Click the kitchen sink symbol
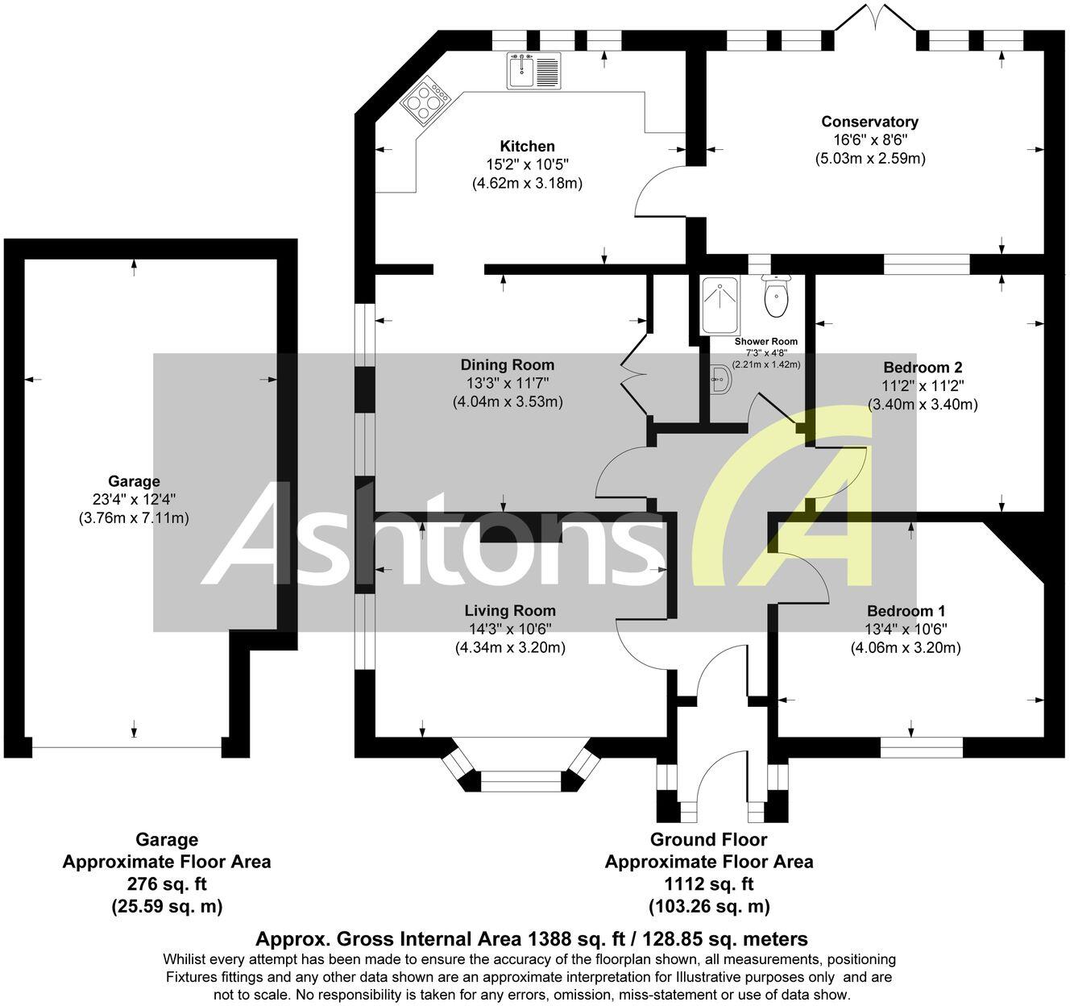533,71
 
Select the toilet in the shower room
777,297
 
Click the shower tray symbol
719,306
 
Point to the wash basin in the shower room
722,380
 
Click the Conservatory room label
869,122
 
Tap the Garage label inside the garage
134,481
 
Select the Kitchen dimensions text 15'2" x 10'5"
527,164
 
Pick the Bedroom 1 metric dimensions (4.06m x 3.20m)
906,647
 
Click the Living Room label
510,610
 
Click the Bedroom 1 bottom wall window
921,747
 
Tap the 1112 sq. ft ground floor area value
709,883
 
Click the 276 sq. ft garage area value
167,883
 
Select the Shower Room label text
766,341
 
